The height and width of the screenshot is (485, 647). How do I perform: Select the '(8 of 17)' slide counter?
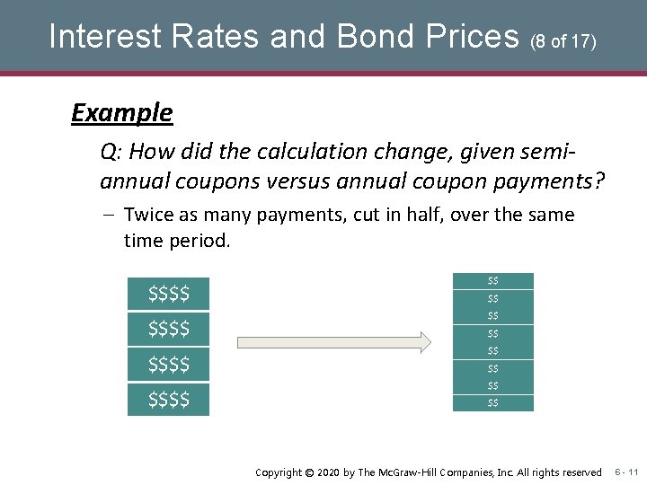coord(563,40)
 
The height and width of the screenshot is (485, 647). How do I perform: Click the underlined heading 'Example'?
coord(121,113)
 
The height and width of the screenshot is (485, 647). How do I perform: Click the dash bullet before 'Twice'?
coord(107,216)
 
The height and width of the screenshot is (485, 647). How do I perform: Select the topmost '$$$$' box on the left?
coord(168,294)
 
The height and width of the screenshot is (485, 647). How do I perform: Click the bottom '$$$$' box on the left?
coord(168,399)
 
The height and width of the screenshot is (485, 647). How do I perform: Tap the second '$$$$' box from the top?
coord(168,329)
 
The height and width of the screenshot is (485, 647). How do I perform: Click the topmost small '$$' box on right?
coord(492,281)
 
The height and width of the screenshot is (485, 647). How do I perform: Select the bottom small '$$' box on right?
coord(492,403)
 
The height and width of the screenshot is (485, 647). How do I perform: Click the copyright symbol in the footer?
coord(310,472)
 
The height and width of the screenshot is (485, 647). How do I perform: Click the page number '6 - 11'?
coord(626,472)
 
